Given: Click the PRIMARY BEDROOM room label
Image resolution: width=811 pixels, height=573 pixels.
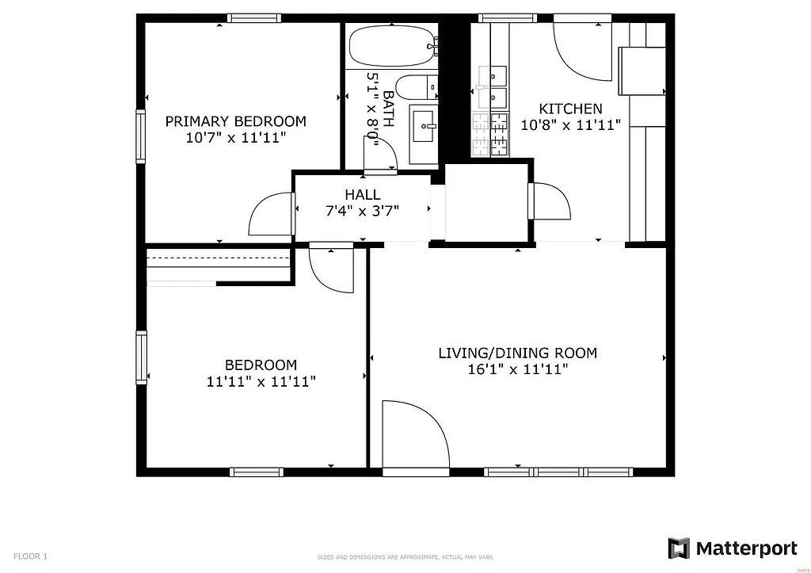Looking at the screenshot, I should [x=235, y=121].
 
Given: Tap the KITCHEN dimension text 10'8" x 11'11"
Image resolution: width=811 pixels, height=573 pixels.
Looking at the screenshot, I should [x=570, y=124].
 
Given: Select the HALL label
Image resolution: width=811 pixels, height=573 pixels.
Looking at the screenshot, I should [x=362, y=194].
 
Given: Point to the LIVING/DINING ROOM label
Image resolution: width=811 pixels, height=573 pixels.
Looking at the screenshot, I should [x=517, y=353].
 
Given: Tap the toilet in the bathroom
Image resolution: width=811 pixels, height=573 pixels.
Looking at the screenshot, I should [x=414, y=86].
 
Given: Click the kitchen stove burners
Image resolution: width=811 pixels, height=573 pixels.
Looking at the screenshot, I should [x=489, y=132].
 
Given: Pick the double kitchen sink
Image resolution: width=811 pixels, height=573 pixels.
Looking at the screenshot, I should [x=491, y=86].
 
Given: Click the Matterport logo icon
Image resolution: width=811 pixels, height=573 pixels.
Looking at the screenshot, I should [x=679, y=548].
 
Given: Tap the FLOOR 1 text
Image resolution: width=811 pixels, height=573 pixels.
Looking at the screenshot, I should [x=31, y=556].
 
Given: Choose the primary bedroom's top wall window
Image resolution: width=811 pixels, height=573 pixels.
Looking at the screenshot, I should [x=253, y=17].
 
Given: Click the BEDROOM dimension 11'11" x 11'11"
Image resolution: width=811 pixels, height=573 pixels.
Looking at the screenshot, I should [x=261, y=381].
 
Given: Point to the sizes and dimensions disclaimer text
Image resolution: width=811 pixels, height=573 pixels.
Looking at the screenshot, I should [x=405, y=557].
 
